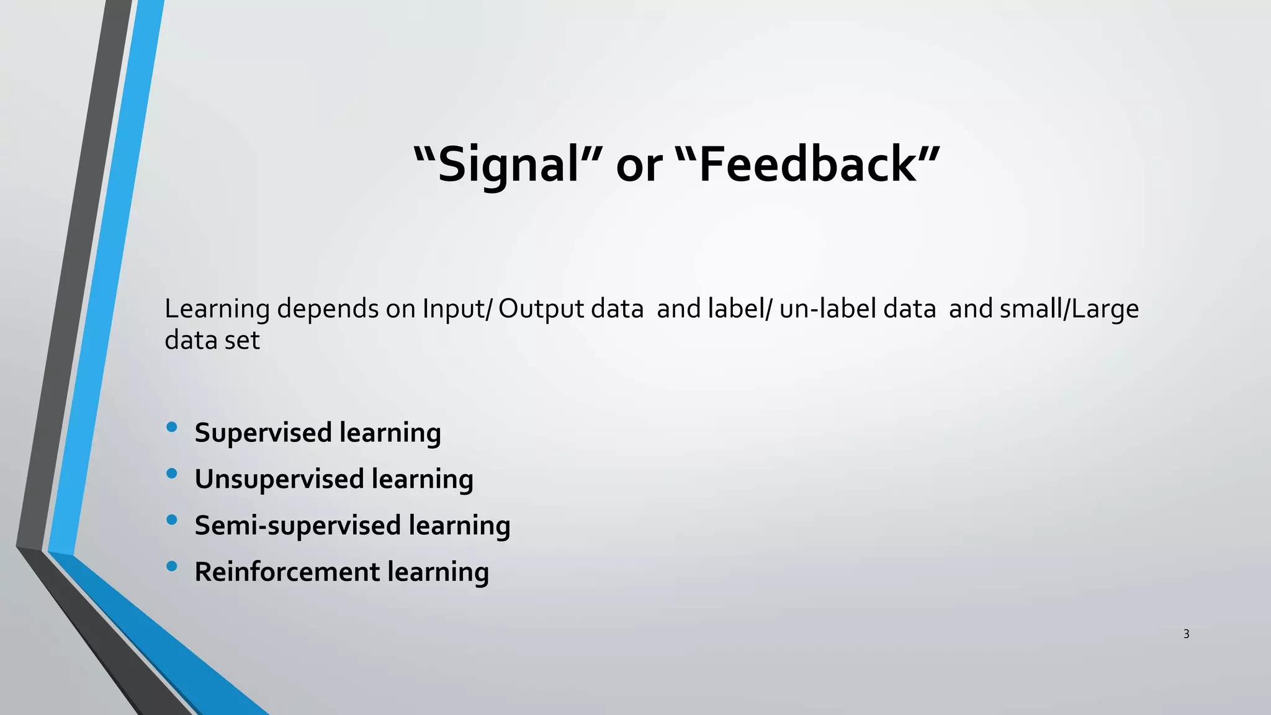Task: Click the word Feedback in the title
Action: (807, 165)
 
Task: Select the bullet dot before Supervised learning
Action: (172, 427)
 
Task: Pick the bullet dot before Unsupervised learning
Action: (172, 474)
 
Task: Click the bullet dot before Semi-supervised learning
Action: (172, 519)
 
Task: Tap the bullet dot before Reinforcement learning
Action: (172, 566)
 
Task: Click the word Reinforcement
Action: (287, 572)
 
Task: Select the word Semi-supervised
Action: (298, 526)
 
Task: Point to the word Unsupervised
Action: (279, 479)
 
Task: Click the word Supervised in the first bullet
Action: (263, 433)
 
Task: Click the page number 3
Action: (1186, 634)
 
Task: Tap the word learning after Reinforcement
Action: (438, 572)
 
